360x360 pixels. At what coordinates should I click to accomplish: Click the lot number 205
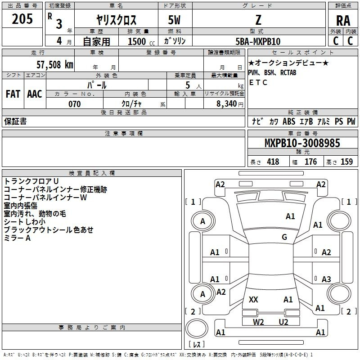(x=22, y=19)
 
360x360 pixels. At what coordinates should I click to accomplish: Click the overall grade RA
(x=343, y=21)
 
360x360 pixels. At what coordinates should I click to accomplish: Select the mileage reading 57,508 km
(x=55, y=64)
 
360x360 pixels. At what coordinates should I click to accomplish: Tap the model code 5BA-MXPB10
(x=258, y=41)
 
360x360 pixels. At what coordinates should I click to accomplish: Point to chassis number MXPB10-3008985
(x=302, y=143)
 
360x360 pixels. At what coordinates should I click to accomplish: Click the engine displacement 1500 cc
(x=141, y=41)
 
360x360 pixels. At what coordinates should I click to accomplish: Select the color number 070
(x=75, y=104)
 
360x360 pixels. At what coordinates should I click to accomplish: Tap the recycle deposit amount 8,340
(x=226, y=104)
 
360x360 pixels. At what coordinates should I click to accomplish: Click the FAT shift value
(x=13, y=94)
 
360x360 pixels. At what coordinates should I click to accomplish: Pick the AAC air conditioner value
(x=35, y=94)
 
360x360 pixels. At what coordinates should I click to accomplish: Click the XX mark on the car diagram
(x=253, y=299)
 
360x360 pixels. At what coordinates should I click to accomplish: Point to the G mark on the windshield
(x=284, y=237)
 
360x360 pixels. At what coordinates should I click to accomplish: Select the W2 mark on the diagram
(x=258, y=322)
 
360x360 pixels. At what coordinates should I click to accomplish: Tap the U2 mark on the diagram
(x=283, y=322)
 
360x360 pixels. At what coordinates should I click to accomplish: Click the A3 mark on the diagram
(x=326, y=279)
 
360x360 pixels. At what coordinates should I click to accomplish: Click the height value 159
(x=346, y=162)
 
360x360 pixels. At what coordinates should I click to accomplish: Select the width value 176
(x=310, y=162)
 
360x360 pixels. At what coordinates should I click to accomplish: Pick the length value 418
(x=273, y=162)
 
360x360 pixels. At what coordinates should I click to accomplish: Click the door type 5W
(x=174, y=20)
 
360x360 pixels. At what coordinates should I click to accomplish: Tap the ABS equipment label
(x=289, y=121)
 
